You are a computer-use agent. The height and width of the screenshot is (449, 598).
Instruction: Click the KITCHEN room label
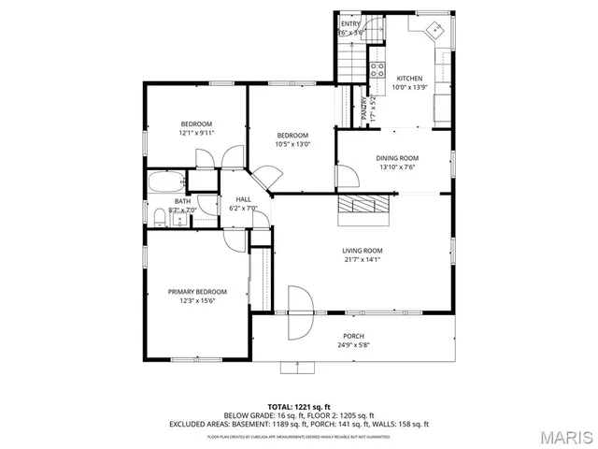click(x=409, y=79)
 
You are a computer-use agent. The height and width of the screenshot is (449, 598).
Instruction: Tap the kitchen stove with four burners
click(x=378, y=68)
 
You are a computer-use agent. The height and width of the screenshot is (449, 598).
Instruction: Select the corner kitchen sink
click(x=434, y=31)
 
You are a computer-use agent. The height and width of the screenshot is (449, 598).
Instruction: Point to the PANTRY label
click(x=364, y=109)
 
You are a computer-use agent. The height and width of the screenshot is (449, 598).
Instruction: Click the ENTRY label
click(x=350, y=23)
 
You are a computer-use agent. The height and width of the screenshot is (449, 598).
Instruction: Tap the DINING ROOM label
click(x=397, y=158)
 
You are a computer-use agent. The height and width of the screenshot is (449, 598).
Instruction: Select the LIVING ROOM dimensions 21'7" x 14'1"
click(x=362, y=259)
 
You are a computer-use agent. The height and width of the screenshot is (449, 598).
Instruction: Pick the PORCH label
click(x=353, y=336)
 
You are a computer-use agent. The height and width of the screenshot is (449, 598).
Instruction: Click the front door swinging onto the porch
click(x=300, y=313)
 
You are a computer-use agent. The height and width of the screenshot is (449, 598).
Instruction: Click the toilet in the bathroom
click(x=160, y=219)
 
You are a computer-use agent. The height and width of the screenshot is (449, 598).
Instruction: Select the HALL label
click(x=243, y=199)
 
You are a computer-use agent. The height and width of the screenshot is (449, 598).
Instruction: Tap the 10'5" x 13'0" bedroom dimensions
click(x=292, y=144)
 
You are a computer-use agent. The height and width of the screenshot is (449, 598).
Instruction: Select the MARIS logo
click(x=563, y=437)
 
